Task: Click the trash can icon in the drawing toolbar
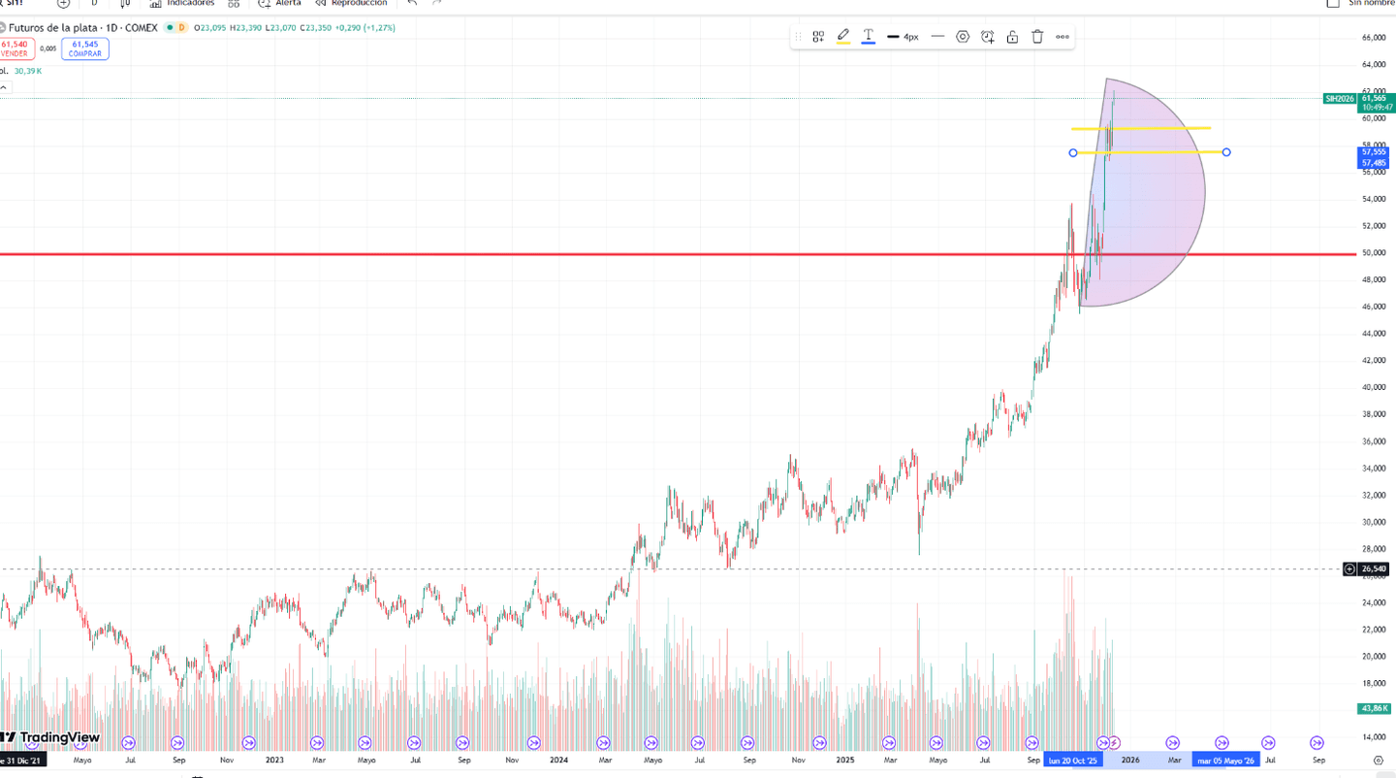1037,37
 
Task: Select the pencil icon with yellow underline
843,37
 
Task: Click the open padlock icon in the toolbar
1012,37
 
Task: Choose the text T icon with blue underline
869,37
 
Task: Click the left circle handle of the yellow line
1073,153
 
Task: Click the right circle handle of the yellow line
1226,152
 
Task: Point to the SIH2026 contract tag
1339,98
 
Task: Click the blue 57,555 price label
1374,152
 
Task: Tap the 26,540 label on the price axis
1374,569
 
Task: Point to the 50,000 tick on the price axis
1373,253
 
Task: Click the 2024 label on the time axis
558,761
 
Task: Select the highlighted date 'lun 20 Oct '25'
1073,761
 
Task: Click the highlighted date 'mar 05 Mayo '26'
1225,761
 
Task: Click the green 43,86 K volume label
1374,709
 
